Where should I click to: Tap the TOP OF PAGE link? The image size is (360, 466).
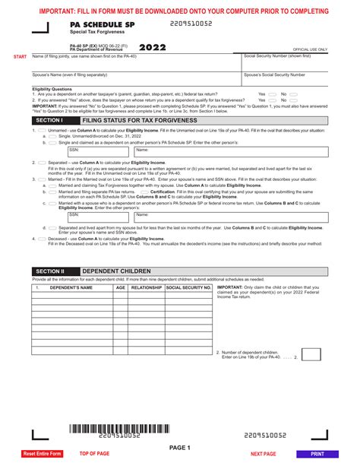(95, 453)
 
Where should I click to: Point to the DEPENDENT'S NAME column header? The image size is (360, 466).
(71, 288)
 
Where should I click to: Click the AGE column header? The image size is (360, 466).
(121, 288)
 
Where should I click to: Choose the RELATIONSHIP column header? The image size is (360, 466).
(146, 288)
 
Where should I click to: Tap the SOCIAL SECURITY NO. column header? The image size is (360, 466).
(188, 288)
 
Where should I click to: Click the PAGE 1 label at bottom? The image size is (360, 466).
(180, 447)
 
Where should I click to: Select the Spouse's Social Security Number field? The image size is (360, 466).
(286, 78)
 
